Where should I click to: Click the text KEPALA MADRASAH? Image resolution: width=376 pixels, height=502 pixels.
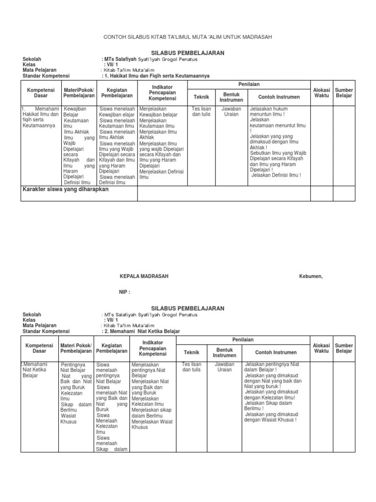(144, 276)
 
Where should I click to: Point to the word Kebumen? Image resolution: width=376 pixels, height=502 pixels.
(311, 276)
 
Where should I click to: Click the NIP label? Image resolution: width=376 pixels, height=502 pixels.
(125, 292)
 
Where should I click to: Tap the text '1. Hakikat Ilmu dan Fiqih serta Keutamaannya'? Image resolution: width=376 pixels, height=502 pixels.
(156, 76)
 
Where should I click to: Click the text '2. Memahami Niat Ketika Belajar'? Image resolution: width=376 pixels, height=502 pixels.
(141, 331)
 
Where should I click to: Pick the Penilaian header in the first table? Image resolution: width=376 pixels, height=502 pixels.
(249, 85)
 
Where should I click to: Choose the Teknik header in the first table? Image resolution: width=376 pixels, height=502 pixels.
(201, 97)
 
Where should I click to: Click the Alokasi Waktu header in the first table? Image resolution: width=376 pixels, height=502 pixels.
(322, 93)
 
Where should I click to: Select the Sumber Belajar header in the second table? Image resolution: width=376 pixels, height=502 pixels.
(344, 349)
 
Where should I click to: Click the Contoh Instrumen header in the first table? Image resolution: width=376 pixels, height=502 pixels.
(279, 97)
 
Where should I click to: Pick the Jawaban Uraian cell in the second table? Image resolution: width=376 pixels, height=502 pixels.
(225, 367)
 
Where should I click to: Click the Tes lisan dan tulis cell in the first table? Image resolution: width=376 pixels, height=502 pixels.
(202, 111)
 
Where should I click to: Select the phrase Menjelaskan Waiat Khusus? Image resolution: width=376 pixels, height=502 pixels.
(152, 424)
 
